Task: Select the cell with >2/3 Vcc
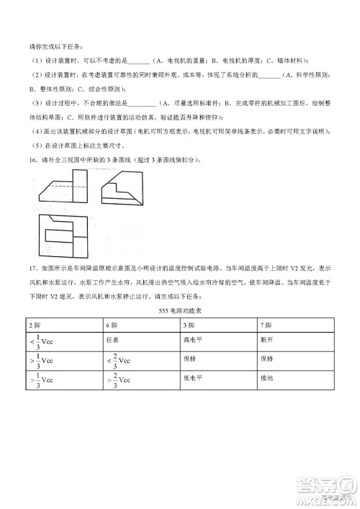(119, 379)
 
